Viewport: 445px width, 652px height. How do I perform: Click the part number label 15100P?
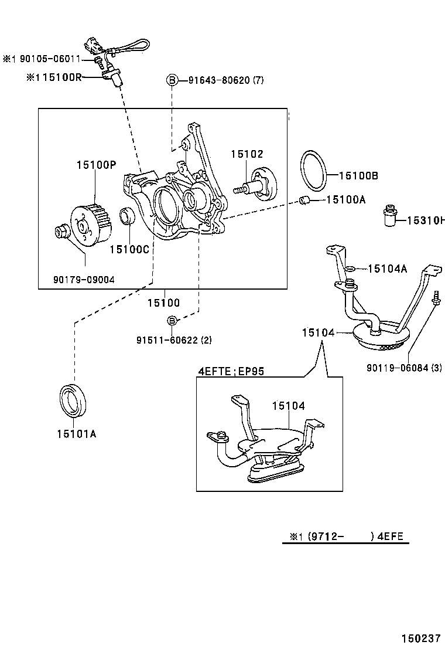(96, 165)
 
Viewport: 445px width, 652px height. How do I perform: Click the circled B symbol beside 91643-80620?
(172, 80)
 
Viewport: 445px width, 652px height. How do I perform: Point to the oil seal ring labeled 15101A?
(74, 401)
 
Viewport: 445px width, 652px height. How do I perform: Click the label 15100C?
(129, 249)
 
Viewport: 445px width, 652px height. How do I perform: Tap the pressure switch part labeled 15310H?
(387, 215)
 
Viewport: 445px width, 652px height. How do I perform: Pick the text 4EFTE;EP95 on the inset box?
(231, 371)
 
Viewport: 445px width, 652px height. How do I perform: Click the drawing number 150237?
(420, 639)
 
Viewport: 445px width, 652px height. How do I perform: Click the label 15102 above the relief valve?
(247, 154)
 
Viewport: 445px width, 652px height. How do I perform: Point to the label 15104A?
(387, 269)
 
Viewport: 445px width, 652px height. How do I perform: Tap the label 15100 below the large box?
(163, 303)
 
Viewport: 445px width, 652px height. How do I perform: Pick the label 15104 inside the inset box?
(288, 405)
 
